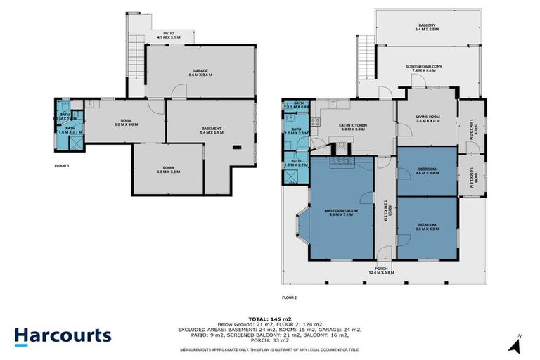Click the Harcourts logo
(63, 335)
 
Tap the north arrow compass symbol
(517, 345)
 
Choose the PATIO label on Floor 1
(168, 34)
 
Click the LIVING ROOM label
(427, 119)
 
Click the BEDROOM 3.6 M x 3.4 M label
(427, 170)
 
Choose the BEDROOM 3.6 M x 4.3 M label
(427, 227)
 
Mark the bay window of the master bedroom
(300, 225)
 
